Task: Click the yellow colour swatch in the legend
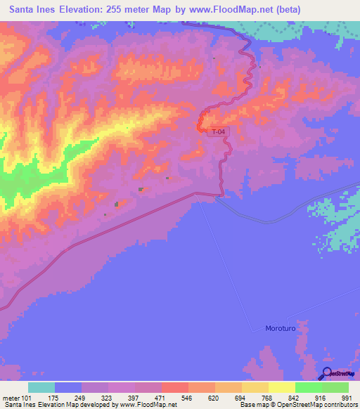(281, 387)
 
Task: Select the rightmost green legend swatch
(335, 387)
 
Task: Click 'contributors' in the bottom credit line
(342, 405)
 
